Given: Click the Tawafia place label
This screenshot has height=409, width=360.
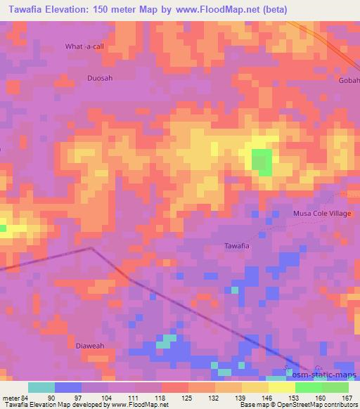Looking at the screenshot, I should (x=237, y=246).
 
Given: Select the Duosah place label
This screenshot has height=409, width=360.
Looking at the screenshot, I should (x=98, y=79).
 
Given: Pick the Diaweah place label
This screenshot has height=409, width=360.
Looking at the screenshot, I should (x=89, y=345).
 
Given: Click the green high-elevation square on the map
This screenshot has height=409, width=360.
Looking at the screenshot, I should (x=262, y=162).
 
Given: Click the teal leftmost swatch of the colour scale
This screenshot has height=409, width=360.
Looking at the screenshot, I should (x=41, y=387).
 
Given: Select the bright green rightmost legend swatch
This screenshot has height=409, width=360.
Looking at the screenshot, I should (x=335, y=387).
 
